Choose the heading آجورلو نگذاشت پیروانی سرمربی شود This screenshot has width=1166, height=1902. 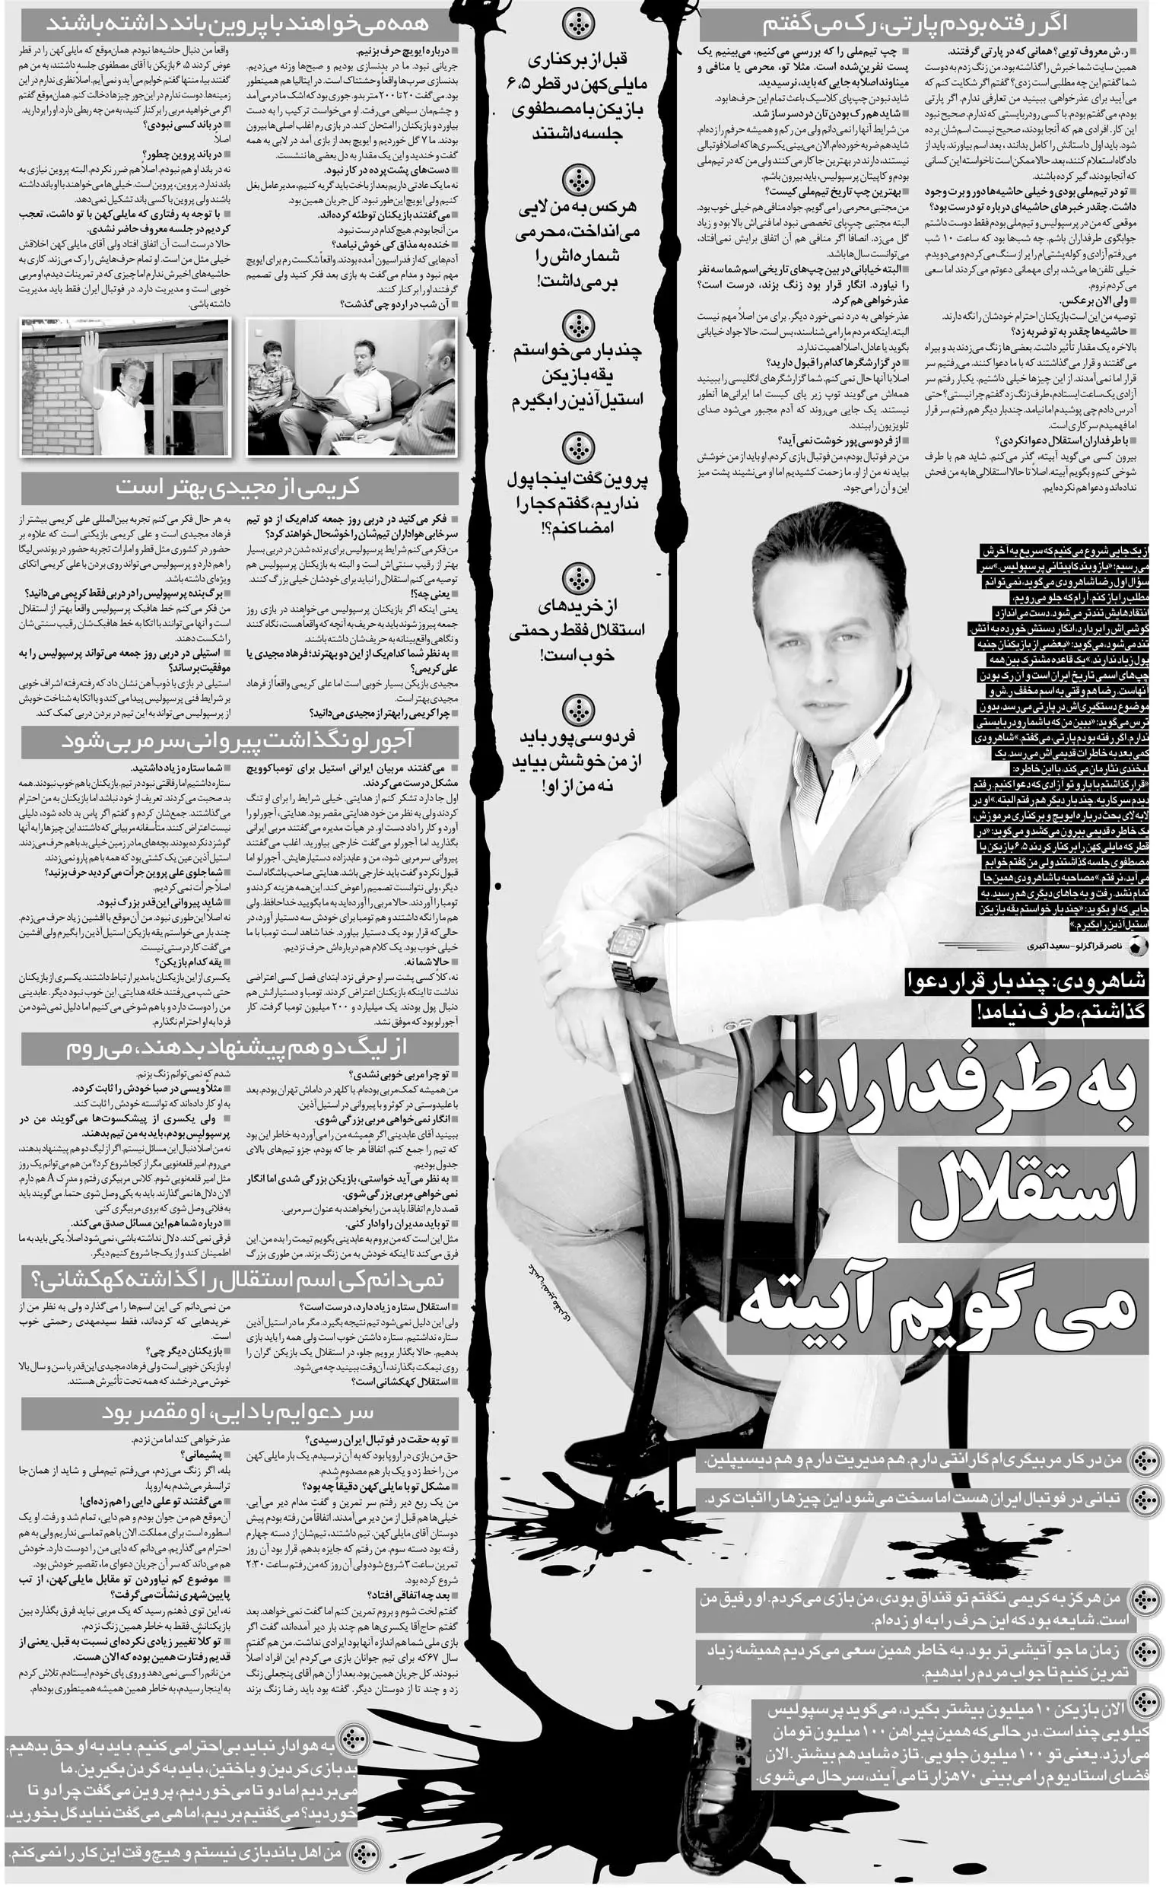240,742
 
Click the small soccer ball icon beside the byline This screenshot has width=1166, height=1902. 1137,946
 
